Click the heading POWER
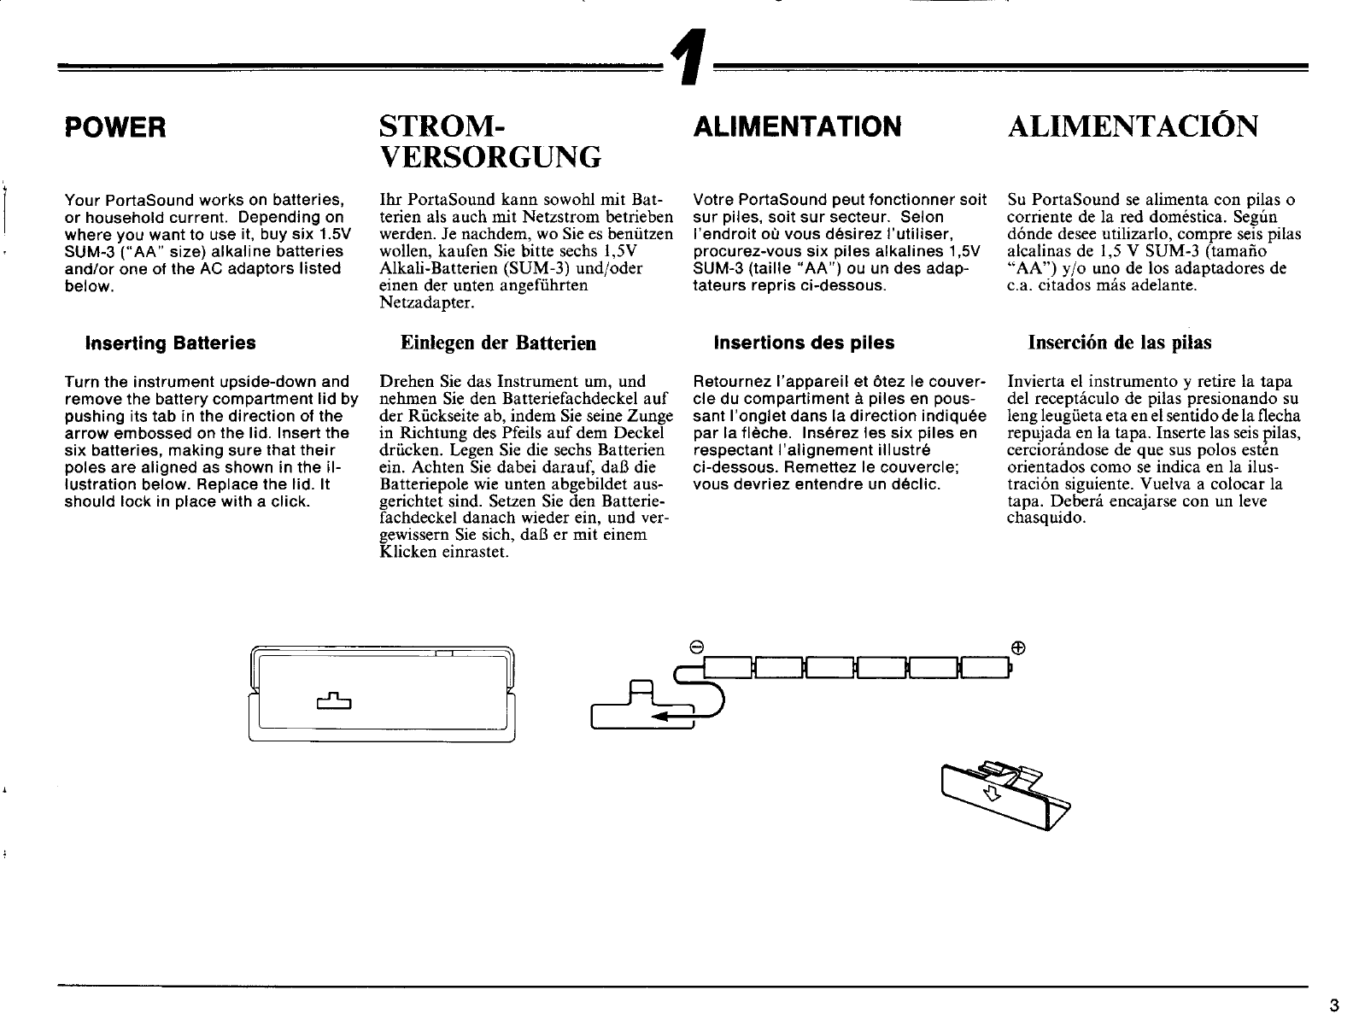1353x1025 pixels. [x=115, y=128]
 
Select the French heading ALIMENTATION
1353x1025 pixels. [x=799, y=127]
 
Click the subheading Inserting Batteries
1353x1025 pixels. [x=169, y=343]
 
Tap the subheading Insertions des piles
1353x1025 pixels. [x=804, y=343]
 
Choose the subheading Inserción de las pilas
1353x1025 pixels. [x=1119, y=343]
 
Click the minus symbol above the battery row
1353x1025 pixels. [x=696, y=647]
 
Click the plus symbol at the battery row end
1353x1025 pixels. [x=1017, y=647]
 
